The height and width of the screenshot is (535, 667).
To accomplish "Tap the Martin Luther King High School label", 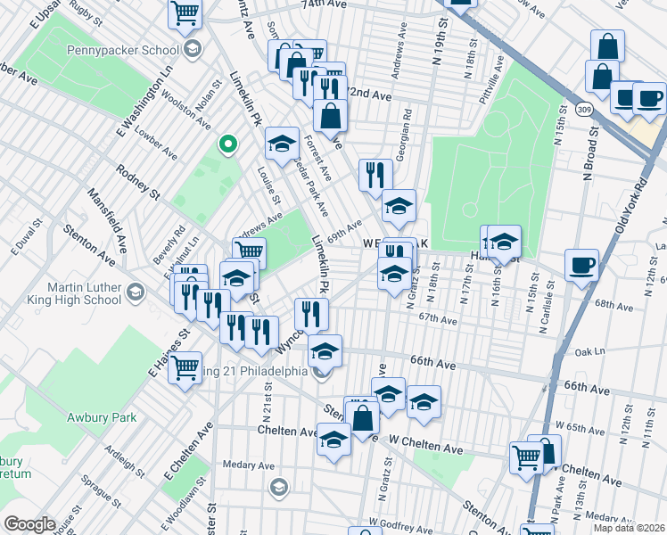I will click(71, 292).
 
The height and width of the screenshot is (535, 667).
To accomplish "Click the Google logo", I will click(30, 524).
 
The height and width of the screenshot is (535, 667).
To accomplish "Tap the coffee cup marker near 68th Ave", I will click(581, 265).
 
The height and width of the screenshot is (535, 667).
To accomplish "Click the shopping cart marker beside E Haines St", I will click(185, 366).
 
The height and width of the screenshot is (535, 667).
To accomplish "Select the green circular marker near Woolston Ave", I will click(228, 143).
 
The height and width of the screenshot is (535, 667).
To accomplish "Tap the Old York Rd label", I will click(630, 204).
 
